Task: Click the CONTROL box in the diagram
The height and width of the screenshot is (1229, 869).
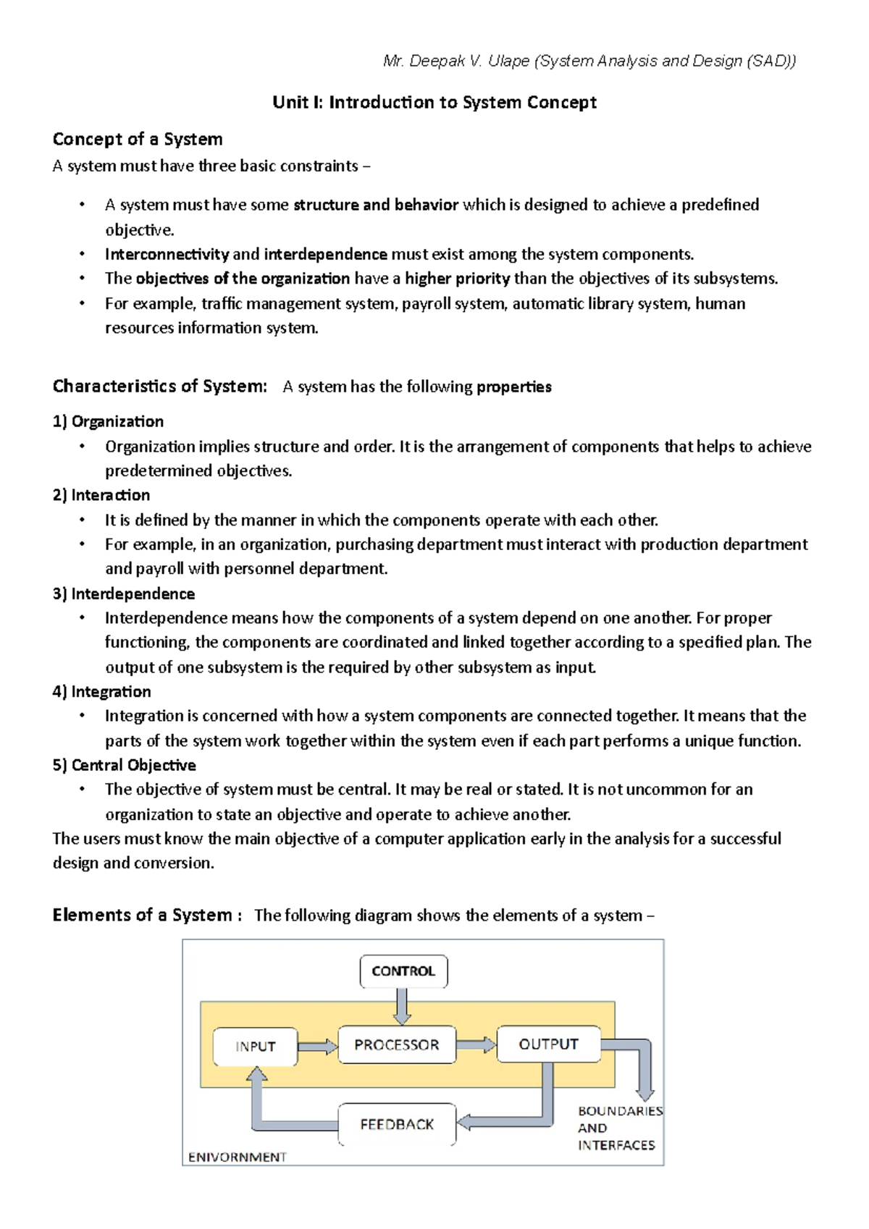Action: [403, 971]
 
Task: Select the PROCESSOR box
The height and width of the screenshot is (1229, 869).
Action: [397, 1044]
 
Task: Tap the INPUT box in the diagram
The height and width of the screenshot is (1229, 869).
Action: [255, 1047]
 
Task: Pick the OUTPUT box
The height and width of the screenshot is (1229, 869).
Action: [548, 1044]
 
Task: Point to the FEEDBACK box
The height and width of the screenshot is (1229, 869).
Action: [397, 1124]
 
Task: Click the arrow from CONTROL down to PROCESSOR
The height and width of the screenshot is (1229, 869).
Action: [403, 1006]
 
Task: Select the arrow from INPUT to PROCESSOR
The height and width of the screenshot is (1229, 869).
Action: [317, 1047]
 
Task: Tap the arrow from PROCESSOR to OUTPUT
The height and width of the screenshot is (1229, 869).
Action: [476, 1044]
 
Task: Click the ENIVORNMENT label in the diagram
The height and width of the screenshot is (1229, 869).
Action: [237, 1157]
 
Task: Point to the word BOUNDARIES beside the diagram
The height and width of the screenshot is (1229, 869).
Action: [620, 1111]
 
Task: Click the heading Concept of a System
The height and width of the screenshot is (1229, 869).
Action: [138, 139]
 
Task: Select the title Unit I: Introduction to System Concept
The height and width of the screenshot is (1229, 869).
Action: [434, 102]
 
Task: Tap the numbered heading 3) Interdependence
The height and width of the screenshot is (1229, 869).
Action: [124, 594]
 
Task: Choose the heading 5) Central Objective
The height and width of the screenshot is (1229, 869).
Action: [124, 765]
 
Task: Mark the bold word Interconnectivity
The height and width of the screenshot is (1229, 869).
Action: [167, 254]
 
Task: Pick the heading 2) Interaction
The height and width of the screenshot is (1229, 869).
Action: [101, 495]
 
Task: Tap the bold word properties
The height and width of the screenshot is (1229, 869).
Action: [513, 387]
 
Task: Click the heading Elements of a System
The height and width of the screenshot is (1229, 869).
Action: [142, 915]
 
